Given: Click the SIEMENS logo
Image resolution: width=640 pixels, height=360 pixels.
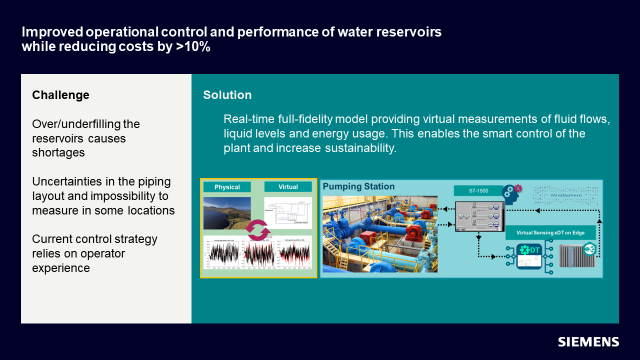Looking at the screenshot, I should [x=588, y=342].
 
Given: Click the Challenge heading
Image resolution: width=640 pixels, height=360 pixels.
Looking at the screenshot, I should [x=60, y=95].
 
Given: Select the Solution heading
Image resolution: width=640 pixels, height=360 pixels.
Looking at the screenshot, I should [x=227, y=95].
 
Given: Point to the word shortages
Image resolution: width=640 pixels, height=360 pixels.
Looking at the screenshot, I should [x=58, y=152].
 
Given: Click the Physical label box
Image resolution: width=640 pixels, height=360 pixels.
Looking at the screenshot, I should [x=227, y=187].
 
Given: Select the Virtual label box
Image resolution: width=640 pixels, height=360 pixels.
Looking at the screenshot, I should [x=288, y=187].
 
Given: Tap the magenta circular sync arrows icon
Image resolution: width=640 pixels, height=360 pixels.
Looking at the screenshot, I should [x=257, y=231].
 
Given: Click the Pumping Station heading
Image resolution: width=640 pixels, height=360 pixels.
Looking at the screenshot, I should [x=358, y=186].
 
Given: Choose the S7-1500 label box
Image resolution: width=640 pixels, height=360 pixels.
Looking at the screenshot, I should [x=478, y=190].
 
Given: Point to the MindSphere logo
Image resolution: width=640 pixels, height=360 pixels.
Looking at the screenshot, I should [x=565, y=195].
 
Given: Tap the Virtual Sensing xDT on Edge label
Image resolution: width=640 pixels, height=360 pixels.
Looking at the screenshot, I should [x=550, y=232].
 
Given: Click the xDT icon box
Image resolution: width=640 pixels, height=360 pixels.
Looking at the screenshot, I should [x=529, y=255].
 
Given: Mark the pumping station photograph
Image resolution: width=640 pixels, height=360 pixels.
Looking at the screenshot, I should [x=380, y=234].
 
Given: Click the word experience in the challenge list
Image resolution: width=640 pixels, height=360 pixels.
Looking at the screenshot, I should [x=61, y=267].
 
